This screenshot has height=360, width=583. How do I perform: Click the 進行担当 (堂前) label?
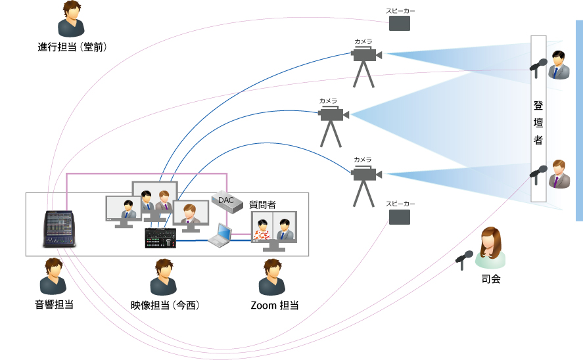[72, 47]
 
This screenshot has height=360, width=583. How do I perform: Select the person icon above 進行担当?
[71, 19]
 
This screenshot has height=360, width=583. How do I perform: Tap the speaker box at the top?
[400, 24]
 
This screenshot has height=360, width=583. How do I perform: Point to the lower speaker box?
[400, 217]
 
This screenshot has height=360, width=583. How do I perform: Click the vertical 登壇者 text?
[538, 122]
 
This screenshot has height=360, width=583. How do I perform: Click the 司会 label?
[490, 279]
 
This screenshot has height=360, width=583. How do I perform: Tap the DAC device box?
[227, 201]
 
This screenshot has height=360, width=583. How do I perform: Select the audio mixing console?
[60, 229]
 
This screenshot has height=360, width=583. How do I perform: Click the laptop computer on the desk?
[221, 236]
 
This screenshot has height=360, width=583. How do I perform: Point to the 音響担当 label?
[53, 305]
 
